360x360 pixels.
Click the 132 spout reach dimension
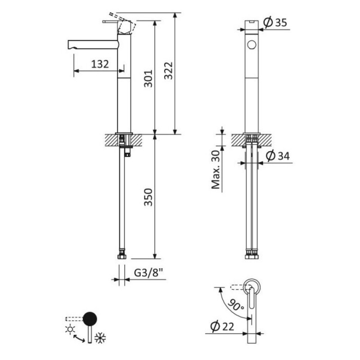pyautogui.click(x=100, y=64)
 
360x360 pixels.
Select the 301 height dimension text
pyautogui.click(x=148, y=78)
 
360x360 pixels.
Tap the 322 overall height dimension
pyautogui.click(x=168, y=71)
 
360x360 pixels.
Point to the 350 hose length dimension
pyautogui.click(x=148, y=197)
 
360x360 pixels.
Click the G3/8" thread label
pyautogui.click(x=148, y=273)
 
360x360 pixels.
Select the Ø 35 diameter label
pyautogui.click(x=275, y=22)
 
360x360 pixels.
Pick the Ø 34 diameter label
pyautogui.click(x=278, y=156)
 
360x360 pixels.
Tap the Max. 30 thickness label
pyautogui.click(x=216, y=170)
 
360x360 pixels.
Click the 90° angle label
pyautogui.click(x=236, y=304)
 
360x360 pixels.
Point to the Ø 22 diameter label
pyautogui.click(x=222, y=326)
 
